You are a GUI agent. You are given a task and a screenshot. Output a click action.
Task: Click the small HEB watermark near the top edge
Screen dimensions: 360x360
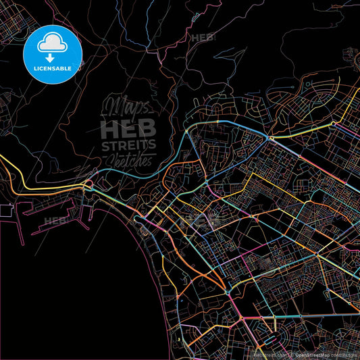(203, 38)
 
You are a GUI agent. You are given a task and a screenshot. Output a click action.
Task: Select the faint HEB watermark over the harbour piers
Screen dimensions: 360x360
(55, 220)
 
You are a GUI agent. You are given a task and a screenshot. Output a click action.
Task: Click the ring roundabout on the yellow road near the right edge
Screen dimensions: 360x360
(317, 256)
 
